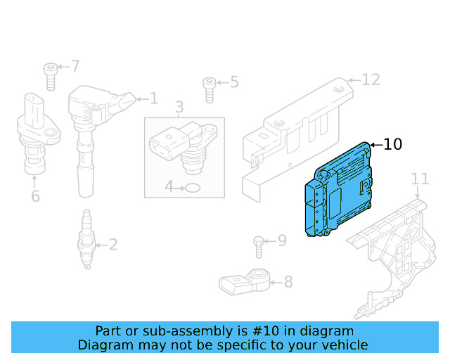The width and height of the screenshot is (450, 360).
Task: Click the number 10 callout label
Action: pos(393,145)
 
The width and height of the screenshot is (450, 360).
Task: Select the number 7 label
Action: pos(75,67)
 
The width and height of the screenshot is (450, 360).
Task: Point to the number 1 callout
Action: pos(153,99)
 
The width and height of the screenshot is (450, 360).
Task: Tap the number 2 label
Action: pos(112,245)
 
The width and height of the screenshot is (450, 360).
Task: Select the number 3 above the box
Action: pos(179,108)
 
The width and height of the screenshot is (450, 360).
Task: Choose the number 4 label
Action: pos(169,187)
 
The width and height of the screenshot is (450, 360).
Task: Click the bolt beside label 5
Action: pos(210,88)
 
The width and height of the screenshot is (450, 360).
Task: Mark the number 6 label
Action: pos(35,196)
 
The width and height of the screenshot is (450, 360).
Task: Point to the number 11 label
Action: pos(420,179)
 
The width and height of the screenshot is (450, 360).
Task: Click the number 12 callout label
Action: pos(371,79)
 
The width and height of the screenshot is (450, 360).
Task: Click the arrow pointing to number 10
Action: pos(375,145)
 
